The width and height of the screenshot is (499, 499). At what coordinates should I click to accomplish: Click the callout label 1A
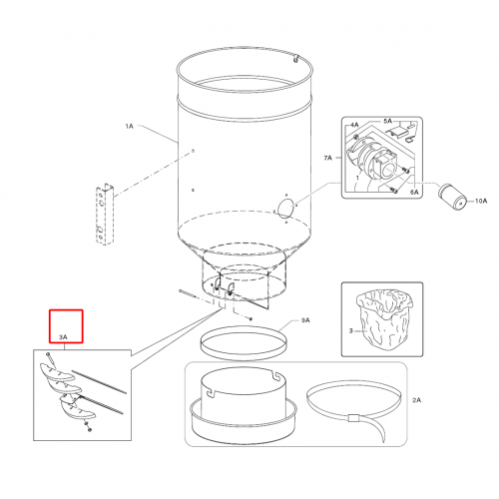(129, 126)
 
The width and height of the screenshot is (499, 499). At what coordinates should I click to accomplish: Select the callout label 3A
(63, 337)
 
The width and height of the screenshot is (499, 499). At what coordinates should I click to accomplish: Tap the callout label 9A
(305, 320)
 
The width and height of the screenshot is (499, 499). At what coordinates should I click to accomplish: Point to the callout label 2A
(416, 400)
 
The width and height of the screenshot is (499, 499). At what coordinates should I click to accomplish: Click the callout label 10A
(481, 201)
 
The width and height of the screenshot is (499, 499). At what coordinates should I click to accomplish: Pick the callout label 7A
(327, 158)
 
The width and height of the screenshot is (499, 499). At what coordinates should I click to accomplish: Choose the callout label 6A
(414, 192)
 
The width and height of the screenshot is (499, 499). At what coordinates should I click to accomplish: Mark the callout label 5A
(387, 121)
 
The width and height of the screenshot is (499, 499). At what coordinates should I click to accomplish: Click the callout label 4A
(354, 125)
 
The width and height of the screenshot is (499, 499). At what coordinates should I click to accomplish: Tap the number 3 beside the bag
(350, 330)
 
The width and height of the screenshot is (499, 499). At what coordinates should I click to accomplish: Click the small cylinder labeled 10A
(452, 197)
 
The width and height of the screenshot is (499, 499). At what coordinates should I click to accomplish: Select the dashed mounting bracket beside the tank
(104, 214)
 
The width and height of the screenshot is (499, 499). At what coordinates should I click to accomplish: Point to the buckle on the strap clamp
(352, 418)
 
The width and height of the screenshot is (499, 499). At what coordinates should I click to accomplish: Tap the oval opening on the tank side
(285, 209)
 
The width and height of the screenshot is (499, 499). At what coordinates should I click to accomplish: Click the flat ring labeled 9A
(243, 342)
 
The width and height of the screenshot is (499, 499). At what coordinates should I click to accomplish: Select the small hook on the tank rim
(295, 58)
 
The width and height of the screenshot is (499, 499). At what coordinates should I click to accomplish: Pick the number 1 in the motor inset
(357, 178)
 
